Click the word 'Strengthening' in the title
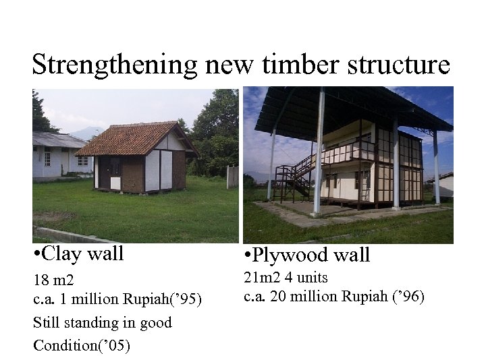click(114, 65)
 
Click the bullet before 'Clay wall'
click(37, 254)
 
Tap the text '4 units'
click(308, 277)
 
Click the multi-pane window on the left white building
click(47, 158)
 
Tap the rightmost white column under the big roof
click(436, 169)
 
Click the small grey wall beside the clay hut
click(233, 177)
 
